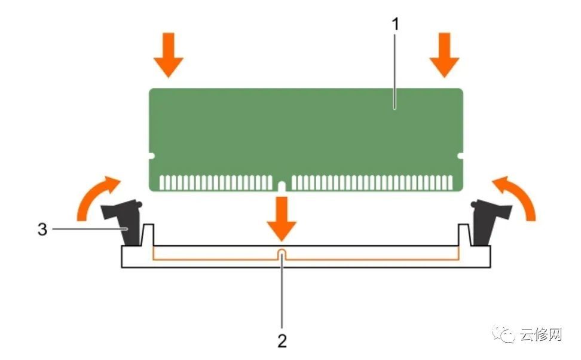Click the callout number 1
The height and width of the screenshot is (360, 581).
point(396,25)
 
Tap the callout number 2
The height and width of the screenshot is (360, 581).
point(282,341)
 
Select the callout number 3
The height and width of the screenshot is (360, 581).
point(42,229)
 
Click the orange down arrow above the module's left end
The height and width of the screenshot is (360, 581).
point(169,55)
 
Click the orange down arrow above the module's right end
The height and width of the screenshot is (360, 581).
point(444,55)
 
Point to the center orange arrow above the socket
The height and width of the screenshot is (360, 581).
point(282,219)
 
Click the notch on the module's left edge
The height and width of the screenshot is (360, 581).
point(151,156)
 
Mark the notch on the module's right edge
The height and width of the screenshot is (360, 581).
point(460,156)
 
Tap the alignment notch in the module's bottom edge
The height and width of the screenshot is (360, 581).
point(282,187)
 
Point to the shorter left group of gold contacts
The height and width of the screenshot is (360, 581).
point(216,183)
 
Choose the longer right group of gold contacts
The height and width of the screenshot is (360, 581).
point(372,183)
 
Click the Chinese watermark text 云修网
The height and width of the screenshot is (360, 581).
point(540,335)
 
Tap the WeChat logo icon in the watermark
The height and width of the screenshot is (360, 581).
point(503,334)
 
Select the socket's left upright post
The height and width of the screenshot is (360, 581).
point(148,234)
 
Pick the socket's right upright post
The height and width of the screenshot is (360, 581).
point(464,234)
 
